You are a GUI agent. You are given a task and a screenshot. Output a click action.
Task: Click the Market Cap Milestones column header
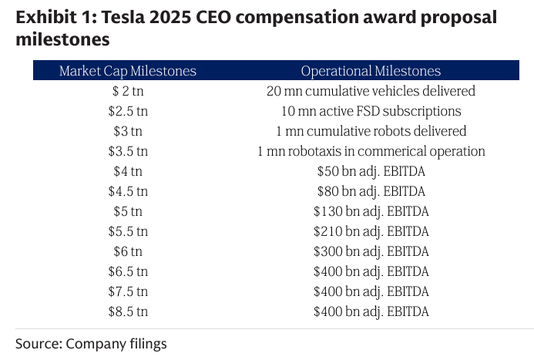[x=128, y=71]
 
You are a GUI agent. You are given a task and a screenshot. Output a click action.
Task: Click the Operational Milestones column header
[x=371, y=71]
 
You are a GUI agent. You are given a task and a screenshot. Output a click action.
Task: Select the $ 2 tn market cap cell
[x=128, y=91]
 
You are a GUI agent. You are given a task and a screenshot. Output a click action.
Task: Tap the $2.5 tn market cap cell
[x=128, y=111]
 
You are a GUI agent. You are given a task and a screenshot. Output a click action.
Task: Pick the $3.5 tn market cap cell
[x=128, y=151]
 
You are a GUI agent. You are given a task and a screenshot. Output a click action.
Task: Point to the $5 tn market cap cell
[x=128, y=211]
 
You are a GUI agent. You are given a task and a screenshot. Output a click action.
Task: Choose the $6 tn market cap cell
[x=128, y=251]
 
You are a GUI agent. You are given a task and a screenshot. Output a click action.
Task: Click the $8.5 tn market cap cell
[x=128, y=311]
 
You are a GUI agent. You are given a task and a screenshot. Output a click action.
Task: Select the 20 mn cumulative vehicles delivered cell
[x=371, y=91]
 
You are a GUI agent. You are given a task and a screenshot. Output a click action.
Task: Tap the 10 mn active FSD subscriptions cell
[x=371, y=111]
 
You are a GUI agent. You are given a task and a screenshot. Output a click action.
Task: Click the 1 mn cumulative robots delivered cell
[x=371, y=131]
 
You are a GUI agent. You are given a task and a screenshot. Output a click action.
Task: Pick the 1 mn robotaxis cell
[x=371, y=151]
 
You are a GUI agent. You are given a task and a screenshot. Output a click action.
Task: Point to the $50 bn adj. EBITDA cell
[x=371, y=171]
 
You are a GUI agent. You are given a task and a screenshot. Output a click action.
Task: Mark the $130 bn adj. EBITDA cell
[x=371, y=211]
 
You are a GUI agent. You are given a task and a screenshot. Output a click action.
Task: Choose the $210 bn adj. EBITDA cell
[x=371, y=231]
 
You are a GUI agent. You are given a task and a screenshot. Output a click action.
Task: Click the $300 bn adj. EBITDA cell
[x=371, y=251]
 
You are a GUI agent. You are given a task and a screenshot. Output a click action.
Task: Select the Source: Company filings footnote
[x=91, y=343]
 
